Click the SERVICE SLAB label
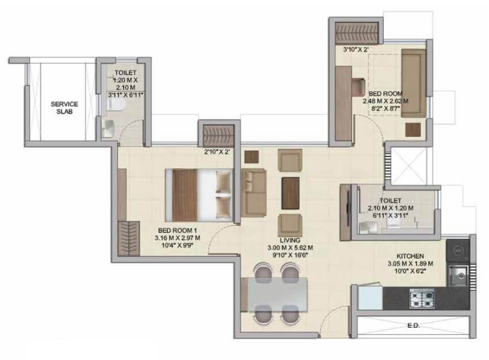point(64,108)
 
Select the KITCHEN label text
point(410,255)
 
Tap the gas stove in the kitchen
point(423,298)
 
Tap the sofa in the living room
point(252,192)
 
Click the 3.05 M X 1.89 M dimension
point(410,264)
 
